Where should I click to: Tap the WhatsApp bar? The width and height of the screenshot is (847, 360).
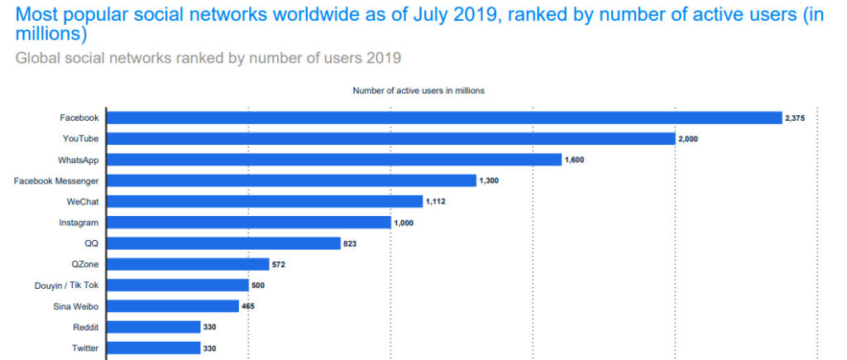tap(334, 160)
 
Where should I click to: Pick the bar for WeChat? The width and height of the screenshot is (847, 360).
tap(265, 201)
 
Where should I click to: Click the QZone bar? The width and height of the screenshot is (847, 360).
tap(189, 264)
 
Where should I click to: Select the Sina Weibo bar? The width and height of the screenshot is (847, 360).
tap(173, 306)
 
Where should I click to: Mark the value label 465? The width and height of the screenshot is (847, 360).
tap(247, 306)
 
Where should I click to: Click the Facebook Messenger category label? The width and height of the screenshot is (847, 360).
tap(56, 180)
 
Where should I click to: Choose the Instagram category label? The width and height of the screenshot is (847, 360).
tap(79, 223)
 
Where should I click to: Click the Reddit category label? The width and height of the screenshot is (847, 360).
tap(85, 328)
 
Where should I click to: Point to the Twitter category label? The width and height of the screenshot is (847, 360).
tap(85, 348)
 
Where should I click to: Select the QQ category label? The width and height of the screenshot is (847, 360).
tap(92, 243)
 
